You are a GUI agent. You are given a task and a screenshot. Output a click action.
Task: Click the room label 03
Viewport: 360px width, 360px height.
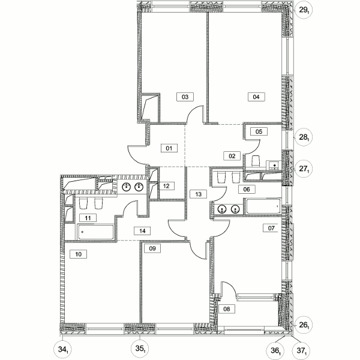185,97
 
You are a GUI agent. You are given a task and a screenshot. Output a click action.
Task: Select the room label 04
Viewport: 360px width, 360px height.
256,97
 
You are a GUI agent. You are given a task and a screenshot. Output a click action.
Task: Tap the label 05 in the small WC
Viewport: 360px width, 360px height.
259,131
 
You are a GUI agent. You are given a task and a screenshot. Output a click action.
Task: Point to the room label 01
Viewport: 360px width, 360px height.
169,148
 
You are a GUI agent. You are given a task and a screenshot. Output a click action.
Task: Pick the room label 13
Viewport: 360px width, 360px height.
199,194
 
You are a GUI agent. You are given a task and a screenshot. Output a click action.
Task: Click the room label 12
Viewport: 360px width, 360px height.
166,186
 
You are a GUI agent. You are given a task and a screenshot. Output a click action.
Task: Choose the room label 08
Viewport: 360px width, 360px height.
227,309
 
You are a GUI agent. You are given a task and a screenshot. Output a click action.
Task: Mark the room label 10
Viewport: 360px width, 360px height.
78,254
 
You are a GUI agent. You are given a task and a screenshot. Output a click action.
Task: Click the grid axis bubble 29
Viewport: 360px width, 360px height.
304,10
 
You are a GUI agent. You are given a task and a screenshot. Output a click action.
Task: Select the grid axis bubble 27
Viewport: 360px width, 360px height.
304,169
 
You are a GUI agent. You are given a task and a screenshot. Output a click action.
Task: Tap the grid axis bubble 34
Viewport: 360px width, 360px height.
62,349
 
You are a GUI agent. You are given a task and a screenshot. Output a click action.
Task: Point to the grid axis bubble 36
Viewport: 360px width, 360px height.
275,350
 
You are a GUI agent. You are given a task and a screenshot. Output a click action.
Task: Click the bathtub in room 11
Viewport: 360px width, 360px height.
96,232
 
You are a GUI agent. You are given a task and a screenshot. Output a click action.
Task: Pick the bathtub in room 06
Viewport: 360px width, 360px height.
263,206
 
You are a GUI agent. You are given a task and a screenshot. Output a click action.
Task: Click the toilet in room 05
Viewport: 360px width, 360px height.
256,161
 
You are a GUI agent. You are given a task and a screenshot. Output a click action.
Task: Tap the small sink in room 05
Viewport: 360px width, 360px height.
274,166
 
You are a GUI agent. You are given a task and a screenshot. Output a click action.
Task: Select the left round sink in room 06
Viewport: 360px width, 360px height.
222,209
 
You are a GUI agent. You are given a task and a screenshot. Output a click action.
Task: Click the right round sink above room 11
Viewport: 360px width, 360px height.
139,187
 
